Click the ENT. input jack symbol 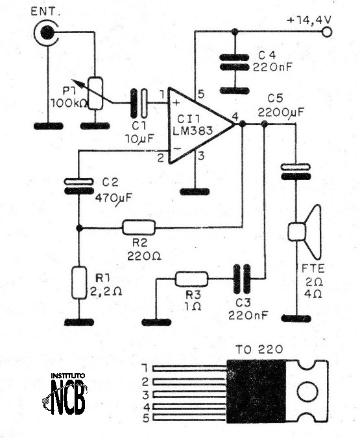coord(46,31)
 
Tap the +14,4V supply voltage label coord(309,20)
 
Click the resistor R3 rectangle coord(192,279)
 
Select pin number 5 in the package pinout coord(146,418)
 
